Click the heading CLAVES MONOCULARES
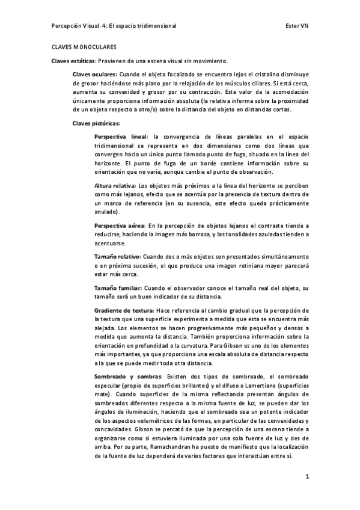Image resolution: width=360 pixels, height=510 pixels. coord(84,46)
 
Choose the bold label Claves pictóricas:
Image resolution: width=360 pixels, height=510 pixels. coord(96,123)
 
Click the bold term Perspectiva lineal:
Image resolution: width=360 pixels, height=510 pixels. coord(122,138)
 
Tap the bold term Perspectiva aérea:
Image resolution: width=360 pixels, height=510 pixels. coord(120,225)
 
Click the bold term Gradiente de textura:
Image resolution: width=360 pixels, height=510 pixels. coord(124,310)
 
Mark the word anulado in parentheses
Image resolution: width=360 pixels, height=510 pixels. coord(107,212)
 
